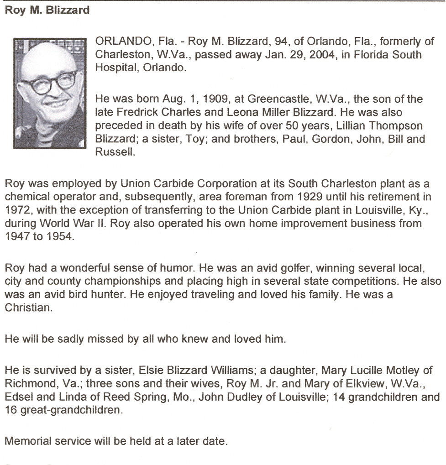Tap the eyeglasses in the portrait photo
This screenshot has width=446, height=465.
pos(47,84)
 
